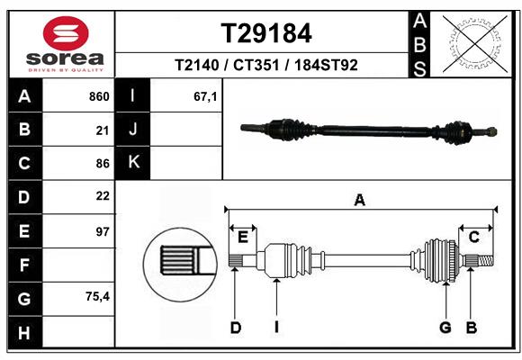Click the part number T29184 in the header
(266, 33)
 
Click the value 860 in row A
(98, 96)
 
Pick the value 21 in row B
(102, 130)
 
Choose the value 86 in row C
(102, 163)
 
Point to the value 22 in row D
(102, 196)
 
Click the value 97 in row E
(102, 230)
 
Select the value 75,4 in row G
(96, 296)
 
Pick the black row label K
(133, 162)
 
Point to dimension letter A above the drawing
(360, 200)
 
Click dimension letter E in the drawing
(242, 237)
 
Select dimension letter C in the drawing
(473, 237)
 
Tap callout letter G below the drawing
(445, 328)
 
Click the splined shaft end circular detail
(179, 262)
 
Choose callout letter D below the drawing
(235, 328)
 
